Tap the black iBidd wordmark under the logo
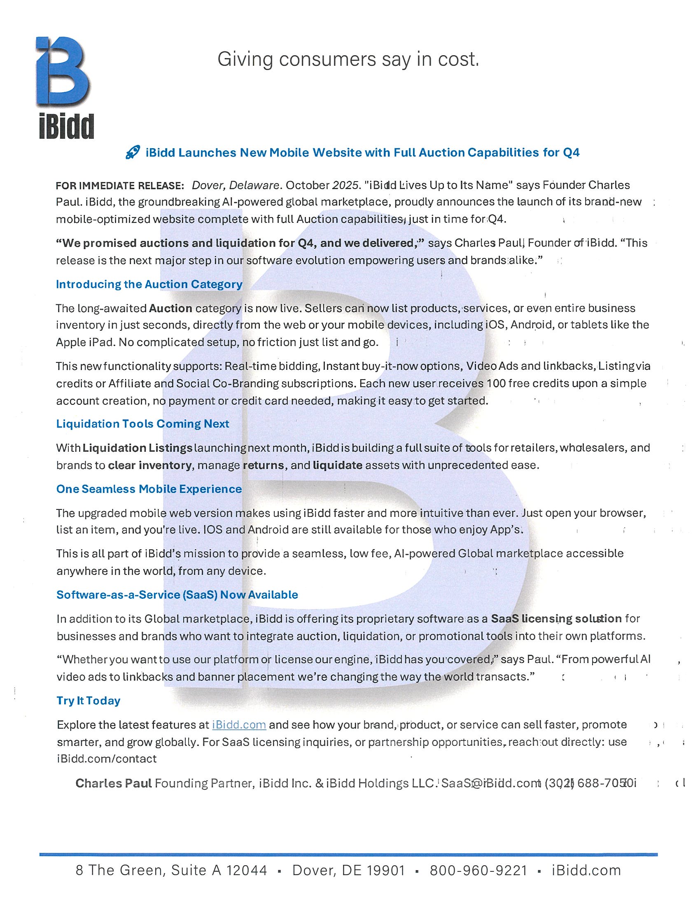coord(66,126)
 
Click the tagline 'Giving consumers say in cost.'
coord(348,59)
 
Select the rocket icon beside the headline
coord(132,153)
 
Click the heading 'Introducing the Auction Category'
coord(149,285)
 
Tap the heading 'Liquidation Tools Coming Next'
coord(142,424)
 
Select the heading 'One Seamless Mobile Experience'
coord(149,489)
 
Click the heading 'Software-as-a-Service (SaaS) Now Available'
coord(177,595)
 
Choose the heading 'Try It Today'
coord(89,701)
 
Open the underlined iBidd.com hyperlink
coord(239,725)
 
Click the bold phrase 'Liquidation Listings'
coord(137,448)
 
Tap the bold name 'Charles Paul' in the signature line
coord(113,783)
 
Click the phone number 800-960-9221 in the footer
coord(478,870)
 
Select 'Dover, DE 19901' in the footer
coord(348,870)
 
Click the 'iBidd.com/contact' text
coord(107,759)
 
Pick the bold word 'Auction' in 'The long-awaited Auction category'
coord(170,308)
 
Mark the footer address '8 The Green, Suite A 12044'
coord(171,870)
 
